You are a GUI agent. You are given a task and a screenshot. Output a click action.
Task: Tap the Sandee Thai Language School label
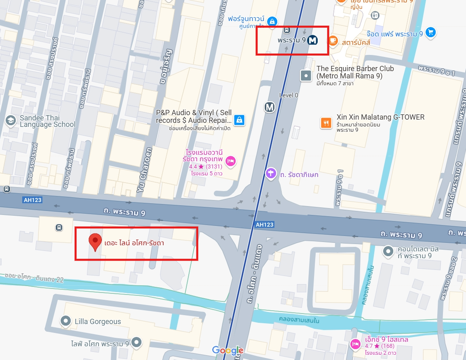tap(47, 121)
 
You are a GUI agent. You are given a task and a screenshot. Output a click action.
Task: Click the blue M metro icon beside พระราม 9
tap(312, 40)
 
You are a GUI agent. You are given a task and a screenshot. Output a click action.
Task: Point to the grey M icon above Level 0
tap(270, 107)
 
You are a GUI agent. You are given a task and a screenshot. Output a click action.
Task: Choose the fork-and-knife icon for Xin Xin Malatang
tap(326, 122)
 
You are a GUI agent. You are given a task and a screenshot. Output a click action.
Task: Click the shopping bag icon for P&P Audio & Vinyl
tap(240, 120)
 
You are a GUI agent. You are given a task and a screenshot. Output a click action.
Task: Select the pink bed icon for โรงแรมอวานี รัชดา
tap(230, 161)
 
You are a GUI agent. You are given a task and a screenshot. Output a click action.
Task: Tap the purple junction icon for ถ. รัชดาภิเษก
tap(271, 174)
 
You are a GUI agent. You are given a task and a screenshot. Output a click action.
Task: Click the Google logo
tap(228, 350)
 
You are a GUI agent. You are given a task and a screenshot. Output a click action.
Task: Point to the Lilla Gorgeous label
tap(97, 322)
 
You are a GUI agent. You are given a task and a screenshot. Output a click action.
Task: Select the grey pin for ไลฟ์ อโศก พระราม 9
tap(137, 342)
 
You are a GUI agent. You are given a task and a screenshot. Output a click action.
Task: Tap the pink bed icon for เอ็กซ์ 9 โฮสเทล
tap(355, 343)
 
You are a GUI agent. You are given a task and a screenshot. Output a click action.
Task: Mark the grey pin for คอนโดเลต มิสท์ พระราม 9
tap(388, 252)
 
